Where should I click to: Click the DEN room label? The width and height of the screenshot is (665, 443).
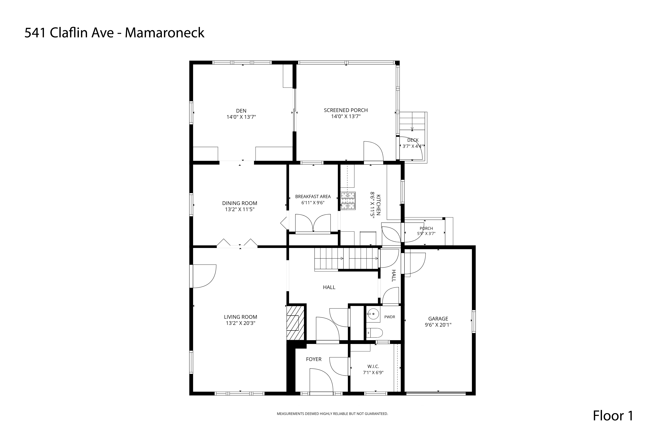click(241, 111)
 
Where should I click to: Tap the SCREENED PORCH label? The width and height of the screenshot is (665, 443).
click(346, 110)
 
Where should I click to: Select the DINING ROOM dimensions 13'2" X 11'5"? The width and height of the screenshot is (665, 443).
click(240, 209)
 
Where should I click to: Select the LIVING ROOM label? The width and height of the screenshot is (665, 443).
click(241, 317)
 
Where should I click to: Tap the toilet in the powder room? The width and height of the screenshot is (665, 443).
click(374, 333)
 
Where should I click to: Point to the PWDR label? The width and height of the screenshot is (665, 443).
click(390, 317)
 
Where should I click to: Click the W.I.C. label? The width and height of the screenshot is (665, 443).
click(373, 366)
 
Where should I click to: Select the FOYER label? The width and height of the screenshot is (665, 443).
click(314, 359)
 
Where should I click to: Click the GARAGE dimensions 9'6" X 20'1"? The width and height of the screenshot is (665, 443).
click(438, 325)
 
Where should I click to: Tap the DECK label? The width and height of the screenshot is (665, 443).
click(413, 140)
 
